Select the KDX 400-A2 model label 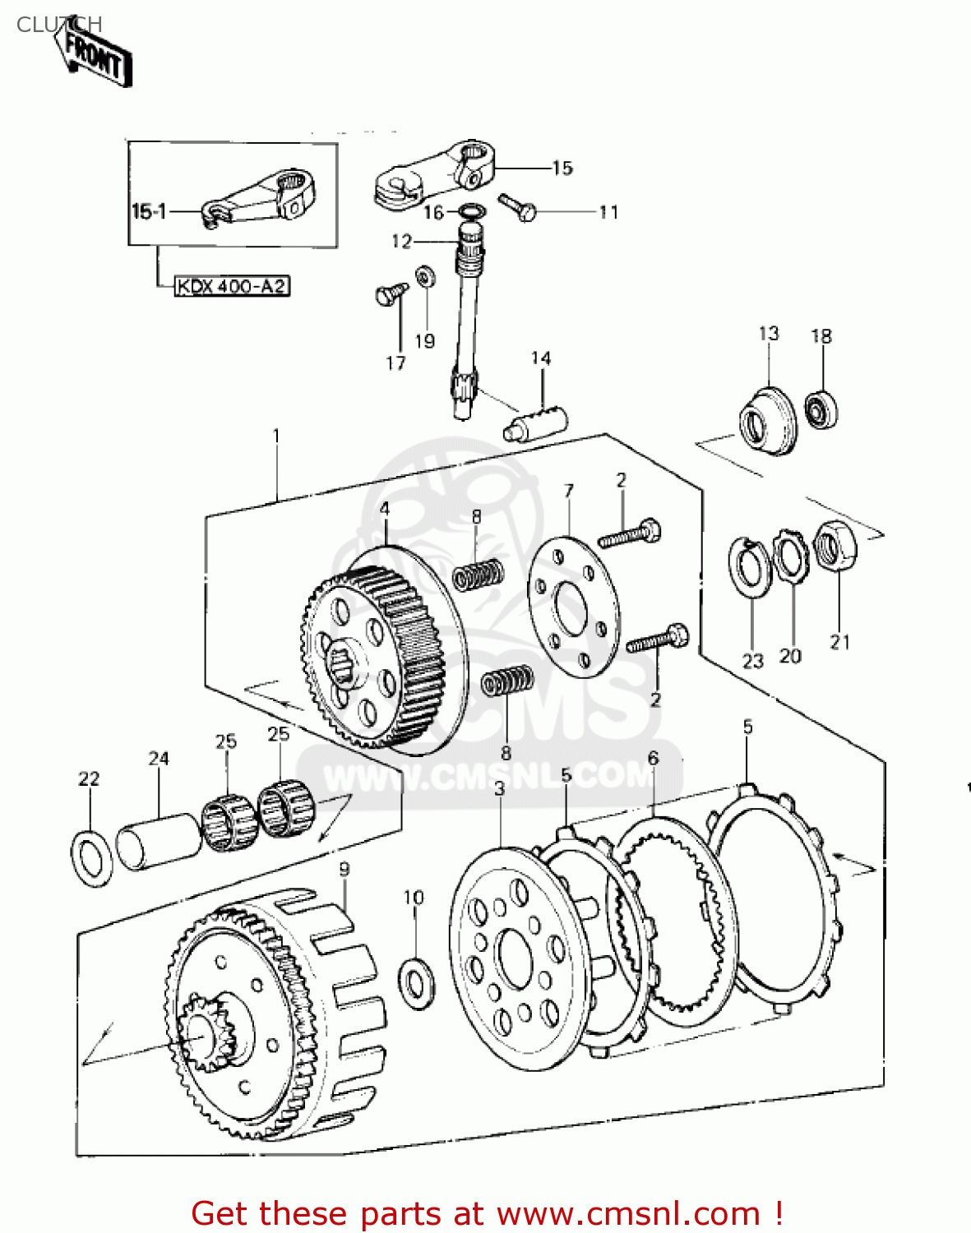[232, 286]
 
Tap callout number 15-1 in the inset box [149, 212]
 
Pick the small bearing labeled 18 [821, 409]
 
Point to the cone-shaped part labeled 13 [769, 421]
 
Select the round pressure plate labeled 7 [573, 607]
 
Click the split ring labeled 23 [749, 566]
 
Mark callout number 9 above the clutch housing [344, 869]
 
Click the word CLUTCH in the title [59, 25]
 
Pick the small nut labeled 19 [425, 275]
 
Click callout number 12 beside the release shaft [401, 241]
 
